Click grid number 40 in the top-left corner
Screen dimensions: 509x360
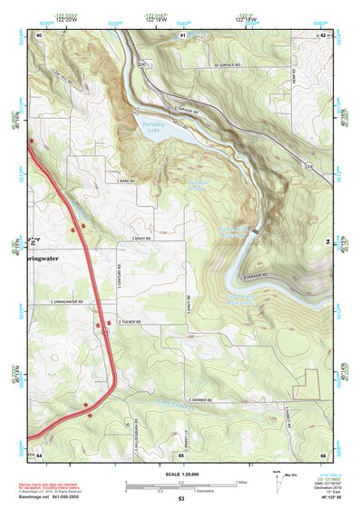point(39,34)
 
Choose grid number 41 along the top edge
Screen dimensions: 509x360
point(182,34)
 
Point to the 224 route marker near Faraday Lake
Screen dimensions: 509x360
point(141,64)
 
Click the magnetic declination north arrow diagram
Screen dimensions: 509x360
point(277,478)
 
